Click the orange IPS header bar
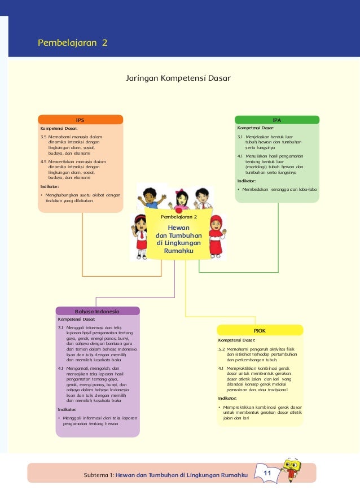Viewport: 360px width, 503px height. click(80, 120)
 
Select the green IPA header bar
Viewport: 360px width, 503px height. click(276, 120)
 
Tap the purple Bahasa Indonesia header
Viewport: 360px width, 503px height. click(97, 311)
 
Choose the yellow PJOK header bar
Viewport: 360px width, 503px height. click(260, 330)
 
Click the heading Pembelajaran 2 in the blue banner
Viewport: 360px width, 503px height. click(72, 43)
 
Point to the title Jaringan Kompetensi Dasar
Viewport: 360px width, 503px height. click(178, 77)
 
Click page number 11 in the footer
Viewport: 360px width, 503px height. click(267, 472)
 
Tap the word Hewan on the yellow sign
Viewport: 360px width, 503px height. click(179, 227)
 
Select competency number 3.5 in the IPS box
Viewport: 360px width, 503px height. click(43, 137)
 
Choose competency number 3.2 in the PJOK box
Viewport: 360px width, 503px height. click(222, 349)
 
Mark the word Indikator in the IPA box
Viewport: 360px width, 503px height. click(246, 181)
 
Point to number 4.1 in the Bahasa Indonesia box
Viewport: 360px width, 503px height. click(61, 368)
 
